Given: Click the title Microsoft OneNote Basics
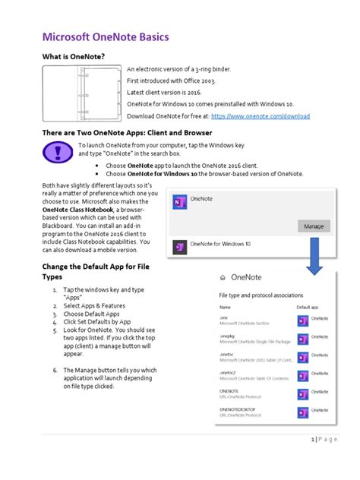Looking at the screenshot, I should click(x=105, y=37).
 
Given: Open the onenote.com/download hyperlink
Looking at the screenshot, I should click(x=261, y=116).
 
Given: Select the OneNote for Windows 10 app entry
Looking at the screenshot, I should click(x=221, y=245).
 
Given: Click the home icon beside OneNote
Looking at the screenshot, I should click(x=223, y=278).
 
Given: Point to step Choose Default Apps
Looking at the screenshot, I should click(x=92, y=314).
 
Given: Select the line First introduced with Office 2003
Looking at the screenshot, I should click(x=172, y=80).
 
